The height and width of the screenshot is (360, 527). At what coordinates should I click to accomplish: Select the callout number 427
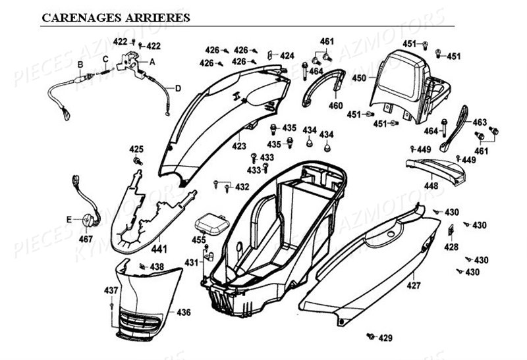tap(414, 286)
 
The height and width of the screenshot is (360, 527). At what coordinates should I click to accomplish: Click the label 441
tap(159, 249)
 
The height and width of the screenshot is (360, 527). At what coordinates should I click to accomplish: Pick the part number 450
tap(358, 78)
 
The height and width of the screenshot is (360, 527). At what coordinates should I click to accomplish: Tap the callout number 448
tap(430, 186)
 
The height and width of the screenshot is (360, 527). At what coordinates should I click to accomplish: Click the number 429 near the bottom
tap(385, 338)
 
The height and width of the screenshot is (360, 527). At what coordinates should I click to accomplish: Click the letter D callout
tap(178, 88)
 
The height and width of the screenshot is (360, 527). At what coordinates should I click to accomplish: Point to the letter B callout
tap(80, 64)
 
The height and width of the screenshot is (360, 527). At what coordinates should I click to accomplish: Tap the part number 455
tap(198, 240)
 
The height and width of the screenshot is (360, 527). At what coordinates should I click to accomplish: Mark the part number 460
tap(335, 105)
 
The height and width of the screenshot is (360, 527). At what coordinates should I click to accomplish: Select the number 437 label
tap(111, 290)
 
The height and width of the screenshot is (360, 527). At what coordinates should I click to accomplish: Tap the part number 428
tap(451, 247)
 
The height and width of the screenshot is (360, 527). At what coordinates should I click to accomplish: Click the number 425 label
tap(136, 149)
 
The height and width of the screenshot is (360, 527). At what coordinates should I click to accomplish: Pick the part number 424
tap(287, 56)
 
